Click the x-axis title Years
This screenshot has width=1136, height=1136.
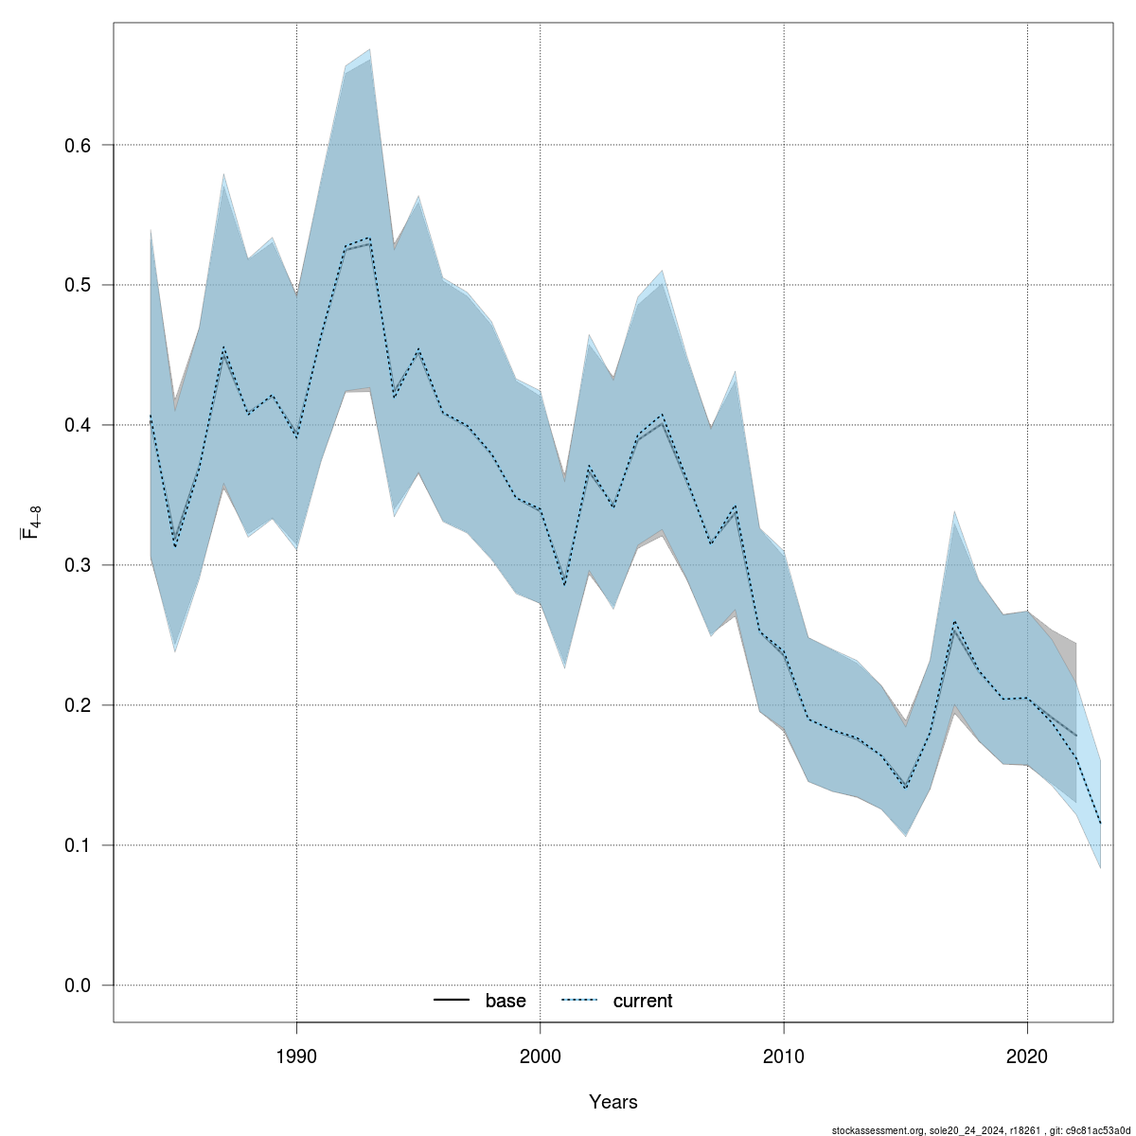[x=612, y=1102]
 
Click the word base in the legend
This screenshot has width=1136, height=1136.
[x=506, y=1002]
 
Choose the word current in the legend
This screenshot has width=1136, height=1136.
[x=643, y=1002]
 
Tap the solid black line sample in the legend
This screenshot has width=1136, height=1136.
[x=453, y=1002]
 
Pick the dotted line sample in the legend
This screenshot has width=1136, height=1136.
[x=579, y=1002]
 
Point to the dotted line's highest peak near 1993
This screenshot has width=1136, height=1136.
[x=369, y=238]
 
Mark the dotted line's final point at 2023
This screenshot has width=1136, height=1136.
[x=1100, y=824]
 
